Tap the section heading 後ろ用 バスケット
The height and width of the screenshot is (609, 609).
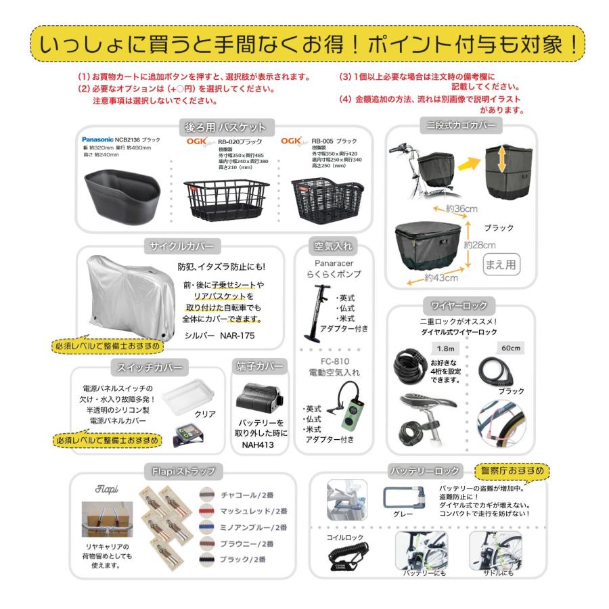coord(225,127)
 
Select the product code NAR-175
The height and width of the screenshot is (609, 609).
coord(242,334)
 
